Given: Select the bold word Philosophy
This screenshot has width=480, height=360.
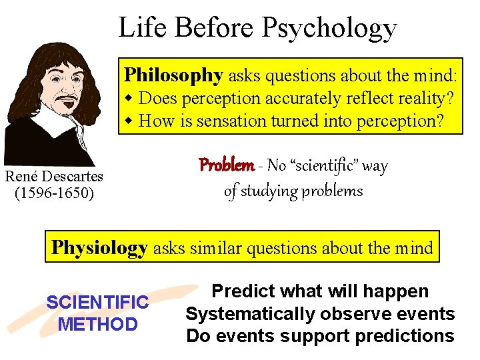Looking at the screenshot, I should pos(173,75).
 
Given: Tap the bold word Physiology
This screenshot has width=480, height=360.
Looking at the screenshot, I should pos(99,248).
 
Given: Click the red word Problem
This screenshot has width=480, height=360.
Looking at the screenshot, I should pos(226,165).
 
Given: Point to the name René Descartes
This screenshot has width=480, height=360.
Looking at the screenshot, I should pos(54,177).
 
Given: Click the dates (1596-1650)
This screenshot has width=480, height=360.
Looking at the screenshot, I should pos(54,193).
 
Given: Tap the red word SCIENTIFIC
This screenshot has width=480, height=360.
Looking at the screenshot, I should pos(97,303).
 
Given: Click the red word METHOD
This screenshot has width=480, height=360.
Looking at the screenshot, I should pos(97,325).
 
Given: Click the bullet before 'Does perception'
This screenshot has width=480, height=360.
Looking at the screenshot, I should pos(130,99).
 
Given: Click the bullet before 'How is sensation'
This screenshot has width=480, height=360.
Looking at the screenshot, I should pos(130,121).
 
